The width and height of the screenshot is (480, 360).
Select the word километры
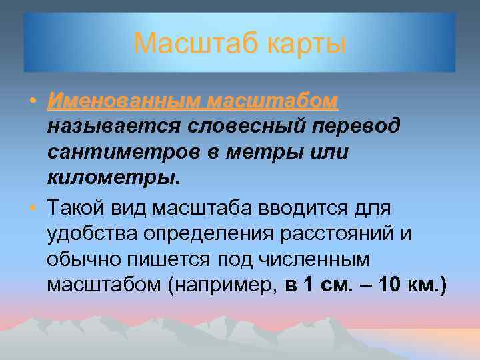[113, 179]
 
